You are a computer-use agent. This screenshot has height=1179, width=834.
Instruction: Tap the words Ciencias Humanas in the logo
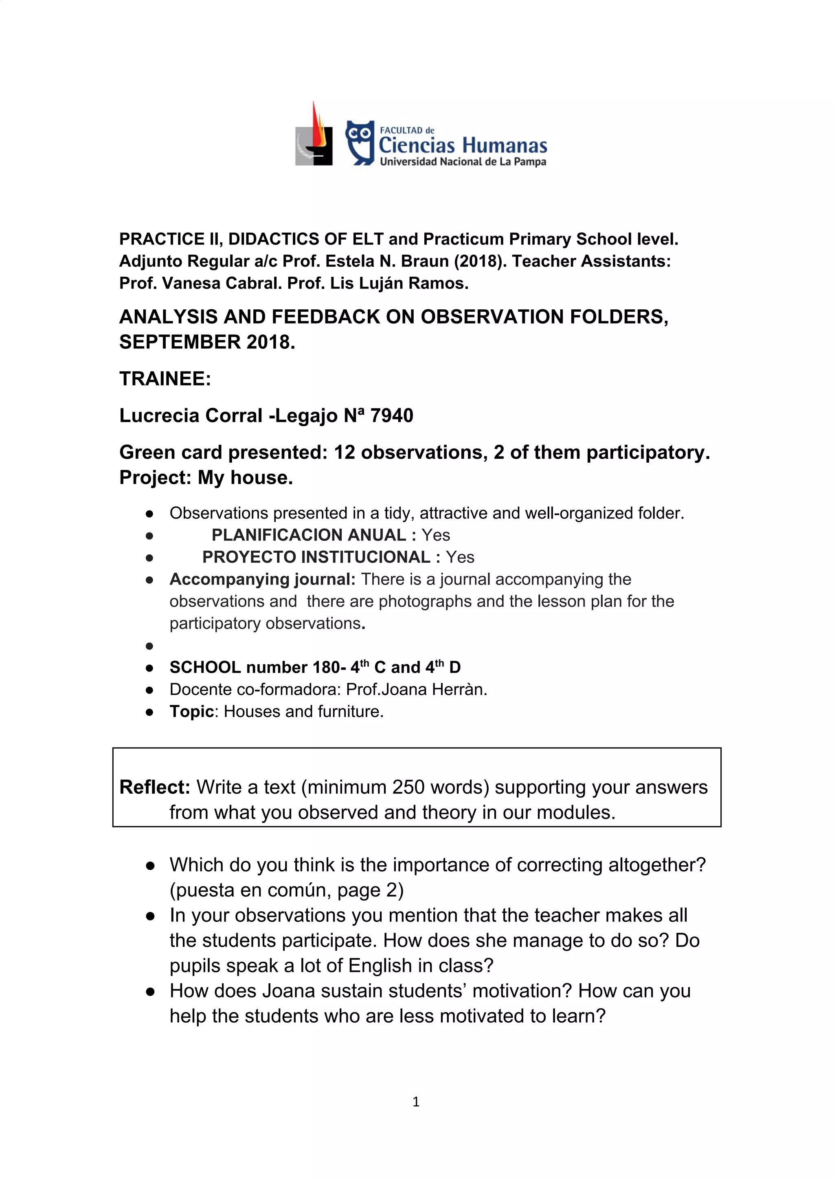pos(463,145)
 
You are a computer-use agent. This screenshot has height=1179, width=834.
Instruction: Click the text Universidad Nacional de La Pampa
pos(463,162)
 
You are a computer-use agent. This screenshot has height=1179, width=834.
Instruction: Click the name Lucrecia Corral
pos(191,416)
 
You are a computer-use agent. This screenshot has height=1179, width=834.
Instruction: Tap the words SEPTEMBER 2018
pos(207,342)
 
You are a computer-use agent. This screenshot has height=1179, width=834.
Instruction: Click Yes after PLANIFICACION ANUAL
pos(436,535)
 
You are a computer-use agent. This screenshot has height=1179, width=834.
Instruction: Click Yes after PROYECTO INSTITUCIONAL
pos(460,557)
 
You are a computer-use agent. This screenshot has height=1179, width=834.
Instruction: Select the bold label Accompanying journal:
pos(262,579)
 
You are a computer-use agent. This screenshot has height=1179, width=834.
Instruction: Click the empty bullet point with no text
pos(149,645)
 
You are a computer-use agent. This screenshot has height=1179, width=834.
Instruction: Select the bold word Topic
pos(191,712)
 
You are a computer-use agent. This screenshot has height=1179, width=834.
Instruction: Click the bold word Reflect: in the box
pos(155,787)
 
